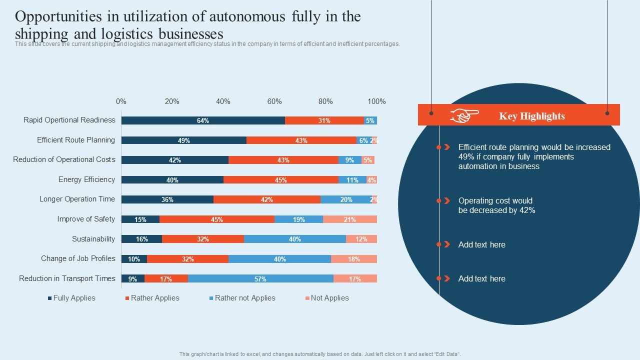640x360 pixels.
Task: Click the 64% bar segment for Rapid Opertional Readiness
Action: point(203,120)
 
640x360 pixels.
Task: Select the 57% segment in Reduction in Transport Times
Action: point(260,279)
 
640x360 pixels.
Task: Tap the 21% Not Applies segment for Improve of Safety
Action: point(350,219)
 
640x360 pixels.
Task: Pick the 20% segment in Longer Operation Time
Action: point(346,199)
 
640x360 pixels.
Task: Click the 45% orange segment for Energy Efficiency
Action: point(280,180)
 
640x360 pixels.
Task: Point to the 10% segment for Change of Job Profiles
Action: point(134,259)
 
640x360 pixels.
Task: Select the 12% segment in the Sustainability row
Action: point(361,239)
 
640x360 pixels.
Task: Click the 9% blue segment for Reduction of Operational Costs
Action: point(349,160)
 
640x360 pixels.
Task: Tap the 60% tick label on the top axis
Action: point(274,101)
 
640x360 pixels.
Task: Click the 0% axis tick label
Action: point(121,101)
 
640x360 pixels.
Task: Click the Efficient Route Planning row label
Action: point(76,140)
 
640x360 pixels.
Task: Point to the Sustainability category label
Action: point(93,239)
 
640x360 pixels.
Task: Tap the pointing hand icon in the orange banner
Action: point(464,116)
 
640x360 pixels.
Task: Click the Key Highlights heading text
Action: point(532,116)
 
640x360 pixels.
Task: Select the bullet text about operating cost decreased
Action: point(496,205)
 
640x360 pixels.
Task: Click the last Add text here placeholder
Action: point(481,278)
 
